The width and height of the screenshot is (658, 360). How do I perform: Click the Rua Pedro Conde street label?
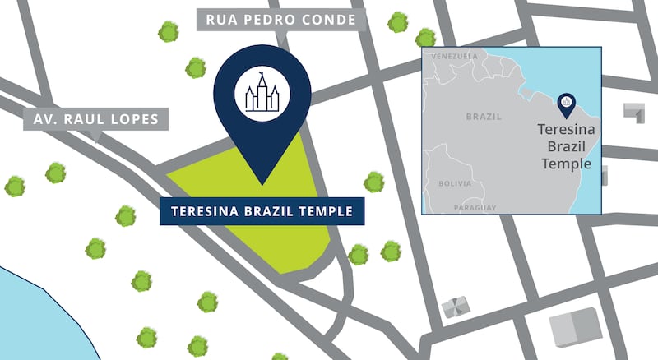280,21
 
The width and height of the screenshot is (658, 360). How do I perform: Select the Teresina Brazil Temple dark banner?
261,211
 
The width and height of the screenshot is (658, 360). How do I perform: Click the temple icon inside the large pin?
262,93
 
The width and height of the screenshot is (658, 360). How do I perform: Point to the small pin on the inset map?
566,104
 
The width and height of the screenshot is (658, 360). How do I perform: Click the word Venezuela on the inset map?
455,56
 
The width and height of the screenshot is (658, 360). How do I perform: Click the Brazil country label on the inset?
484,117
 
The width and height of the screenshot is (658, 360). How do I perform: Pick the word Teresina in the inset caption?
563,130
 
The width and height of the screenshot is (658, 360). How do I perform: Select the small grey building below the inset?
454,307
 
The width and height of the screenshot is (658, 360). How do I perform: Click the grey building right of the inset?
634,113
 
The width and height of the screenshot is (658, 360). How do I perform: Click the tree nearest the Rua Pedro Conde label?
196,67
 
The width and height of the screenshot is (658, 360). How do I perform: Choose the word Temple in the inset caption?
563,163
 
